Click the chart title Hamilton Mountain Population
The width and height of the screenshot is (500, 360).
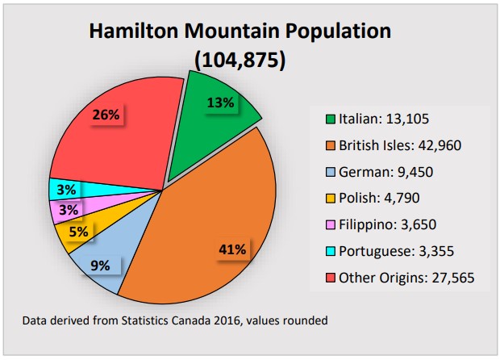(240, 31)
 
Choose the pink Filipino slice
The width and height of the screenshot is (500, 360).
(66, 211)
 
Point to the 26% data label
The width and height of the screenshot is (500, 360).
(106, 115)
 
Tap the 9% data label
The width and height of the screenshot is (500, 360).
(101, 264)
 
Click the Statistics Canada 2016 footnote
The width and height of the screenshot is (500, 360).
(175, 320)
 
